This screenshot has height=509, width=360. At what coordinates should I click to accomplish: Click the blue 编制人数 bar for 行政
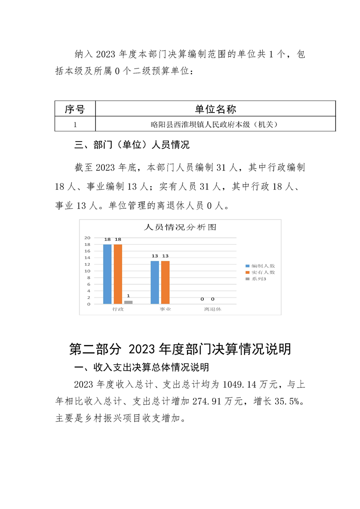107,274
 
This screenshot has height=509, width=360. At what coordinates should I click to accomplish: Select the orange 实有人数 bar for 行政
118,274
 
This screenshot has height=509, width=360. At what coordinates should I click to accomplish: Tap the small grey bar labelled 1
128,302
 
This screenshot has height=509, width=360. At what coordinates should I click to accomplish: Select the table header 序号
75,109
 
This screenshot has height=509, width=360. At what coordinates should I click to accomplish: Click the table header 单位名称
215,109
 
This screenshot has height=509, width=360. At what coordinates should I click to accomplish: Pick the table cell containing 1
75,124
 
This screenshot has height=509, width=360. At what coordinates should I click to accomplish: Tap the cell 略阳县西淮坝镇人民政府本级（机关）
215,124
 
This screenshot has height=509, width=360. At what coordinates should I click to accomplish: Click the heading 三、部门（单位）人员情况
131,146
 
